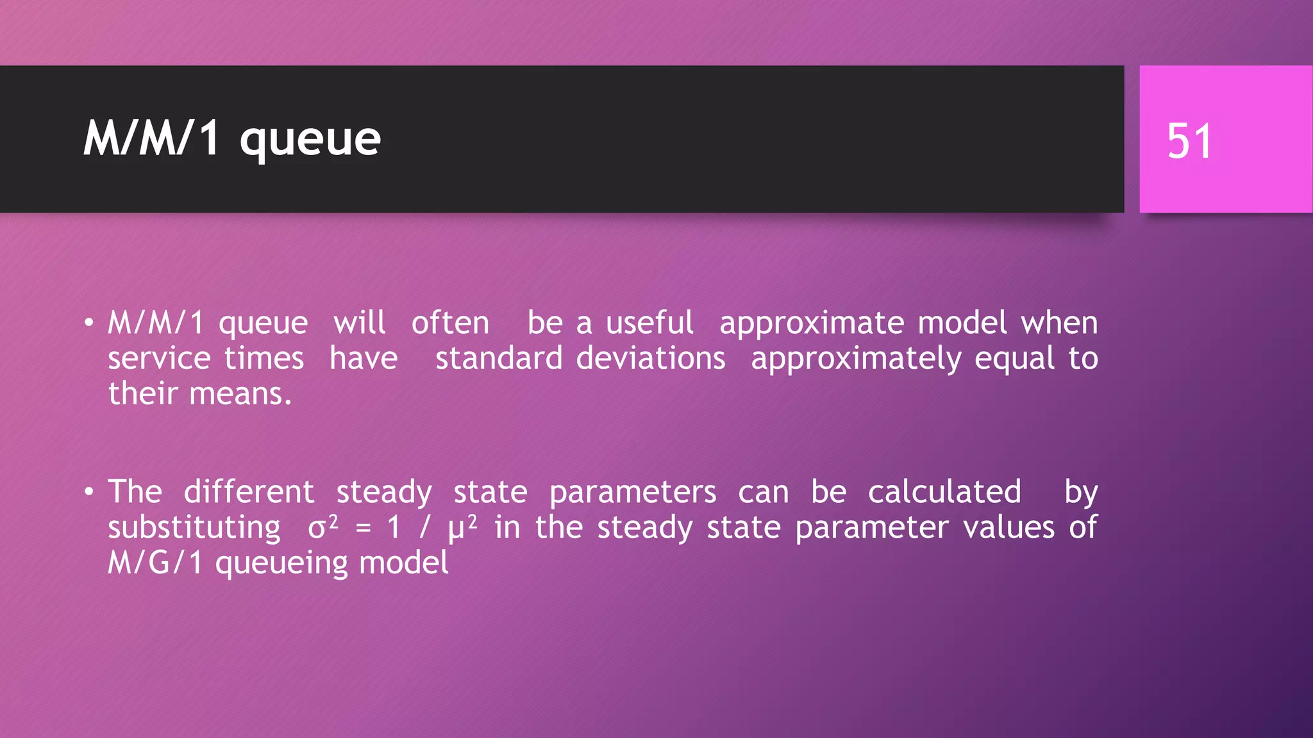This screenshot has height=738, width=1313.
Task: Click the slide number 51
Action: point(1189,141)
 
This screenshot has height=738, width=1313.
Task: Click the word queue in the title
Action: point(310,140)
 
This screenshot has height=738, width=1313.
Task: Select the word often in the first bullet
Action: point(450,323)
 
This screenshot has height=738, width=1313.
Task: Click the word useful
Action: point(649,323)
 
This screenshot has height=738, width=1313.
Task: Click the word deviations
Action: point(650,358)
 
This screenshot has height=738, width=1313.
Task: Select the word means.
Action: point(240,394)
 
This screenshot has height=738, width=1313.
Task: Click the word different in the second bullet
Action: point(249,492)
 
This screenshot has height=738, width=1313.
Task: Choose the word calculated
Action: point(944,492)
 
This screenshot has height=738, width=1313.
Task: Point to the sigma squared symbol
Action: point(322,527)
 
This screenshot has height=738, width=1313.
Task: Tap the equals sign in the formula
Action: point(364,528)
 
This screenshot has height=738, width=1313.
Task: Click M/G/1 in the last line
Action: point(155,563)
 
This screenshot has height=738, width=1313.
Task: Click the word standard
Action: point(499,358)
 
